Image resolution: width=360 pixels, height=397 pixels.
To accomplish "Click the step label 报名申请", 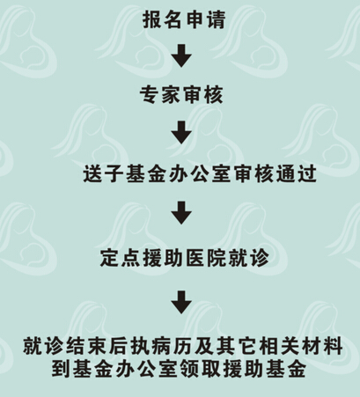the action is (x=184, y=19).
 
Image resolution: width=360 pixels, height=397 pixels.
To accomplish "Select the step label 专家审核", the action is (x=181, y=95).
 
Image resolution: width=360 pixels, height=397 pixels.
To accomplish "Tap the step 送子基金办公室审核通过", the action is (x=200, y=174).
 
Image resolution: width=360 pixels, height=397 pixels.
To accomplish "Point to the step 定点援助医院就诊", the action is (x=185, y=258).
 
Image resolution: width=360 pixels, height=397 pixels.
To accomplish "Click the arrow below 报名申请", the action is (x=181, y=55).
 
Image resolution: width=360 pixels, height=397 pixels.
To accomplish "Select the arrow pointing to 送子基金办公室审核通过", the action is (x=181, y=133).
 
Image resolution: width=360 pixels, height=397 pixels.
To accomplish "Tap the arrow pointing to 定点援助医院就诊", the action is (x=181, y=213).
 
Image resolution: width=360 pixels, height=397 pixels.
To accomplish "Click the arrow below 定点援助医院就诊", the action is (x=181, y=302).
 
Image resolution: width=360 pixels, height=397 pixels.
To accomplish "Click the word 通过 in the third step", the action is (x=297, y=174).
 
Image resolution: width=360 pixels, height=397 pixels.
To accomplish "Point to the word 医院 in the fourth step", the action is (x=206, y=258).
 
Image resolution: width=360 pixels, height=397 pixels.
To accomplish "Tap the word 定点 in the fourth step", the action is (x=120, y=258).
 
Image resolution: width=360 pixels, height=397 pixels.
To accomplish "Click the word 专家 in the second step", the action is (x=159, y=95).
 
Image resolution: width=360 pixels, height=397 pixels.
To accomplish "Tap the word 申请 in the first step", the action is (x=205, y=19).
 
